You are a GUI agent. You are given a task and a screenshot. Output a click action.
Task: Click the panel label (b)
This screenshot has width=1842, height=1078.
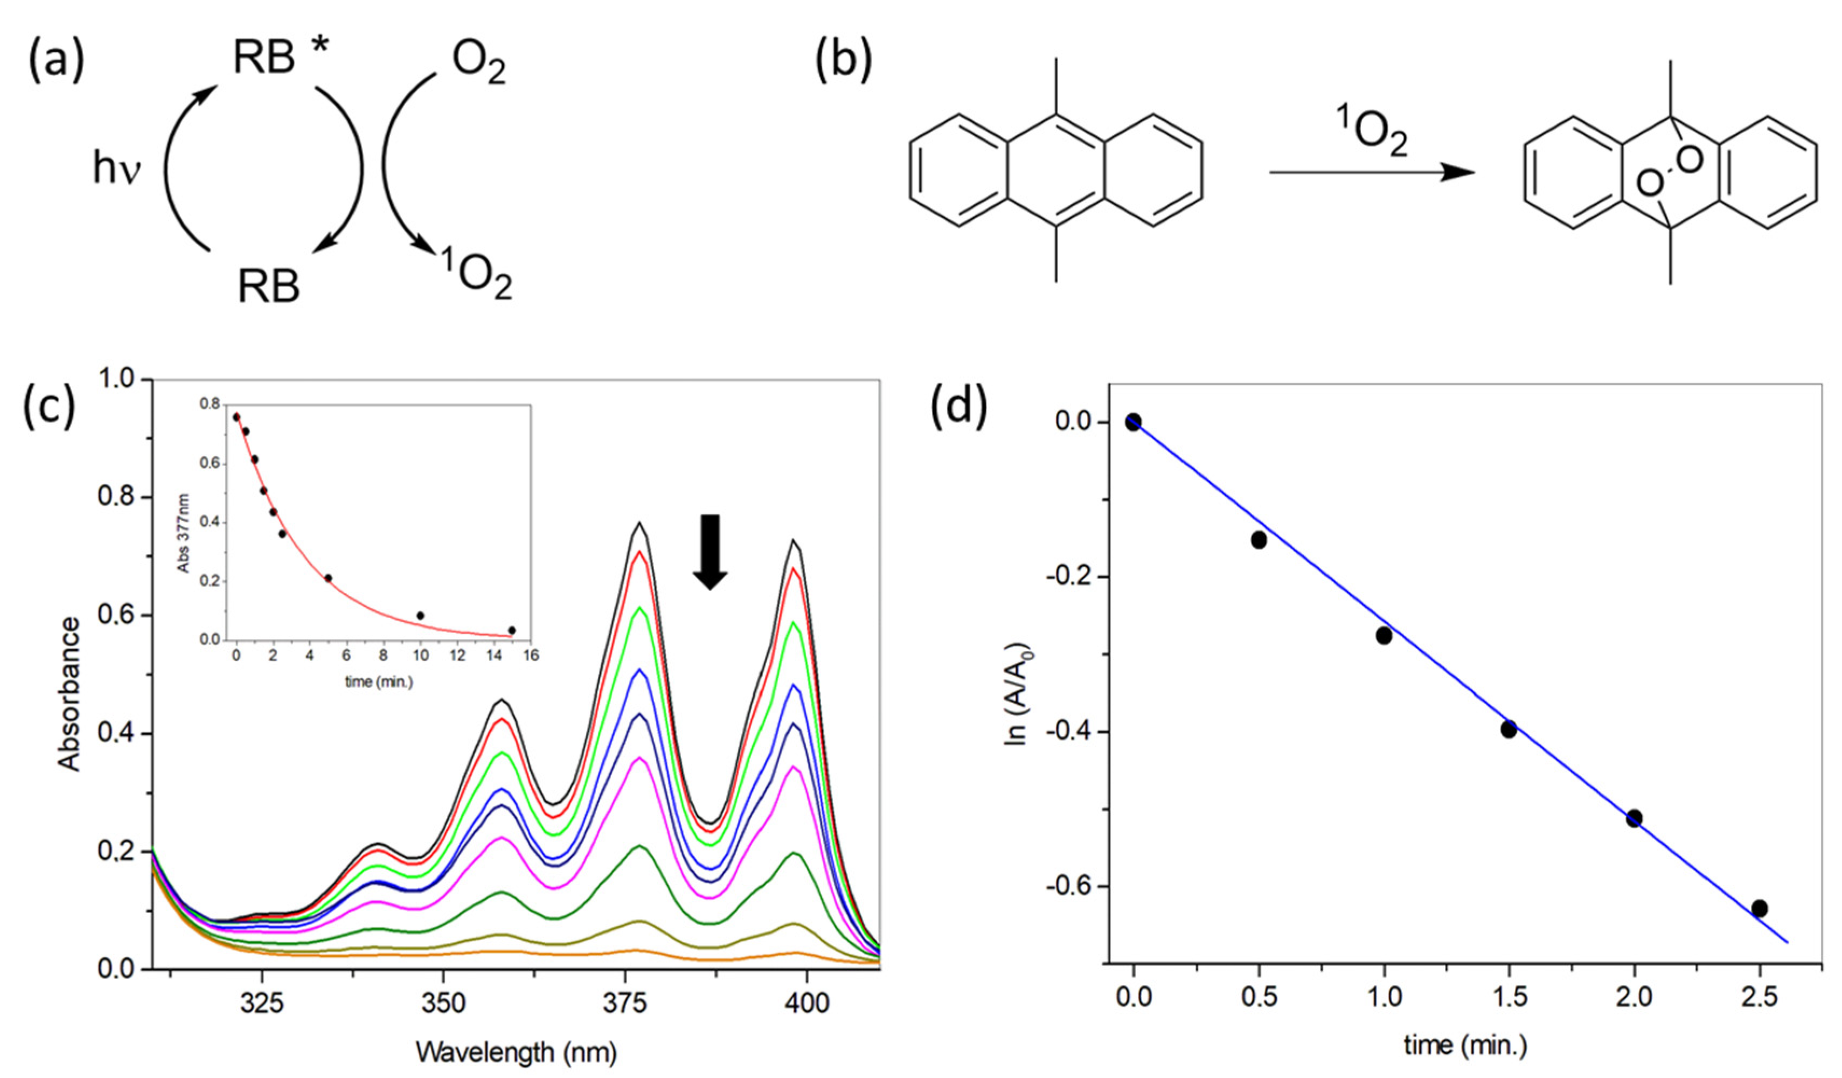[x=843, y=59]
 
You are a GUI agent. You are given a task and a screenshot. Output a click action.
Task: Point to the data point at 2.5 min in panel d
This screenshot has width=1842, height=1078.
[x=1760, y=908]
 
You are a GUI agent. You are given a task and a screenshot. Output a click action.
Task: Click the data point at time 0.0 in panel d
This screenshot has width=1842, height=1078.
[x=1134, y=422]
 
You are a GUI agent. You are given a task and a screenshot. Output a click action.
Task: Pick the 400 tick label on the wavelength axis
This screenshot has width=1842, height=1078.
[x=807, y=1003]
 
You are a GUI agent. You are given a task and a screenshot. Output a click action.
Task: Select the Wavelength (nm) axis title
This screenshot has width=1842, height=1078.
[x=516, y=1053]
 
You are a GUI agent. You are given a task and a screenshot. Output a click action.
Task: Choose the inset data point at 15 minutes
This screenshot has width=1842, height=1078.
[x=512, y=630]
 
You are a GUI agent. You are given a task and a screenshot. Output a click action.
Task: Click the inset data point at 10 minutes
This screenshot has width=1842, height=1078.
[x=420, y=615]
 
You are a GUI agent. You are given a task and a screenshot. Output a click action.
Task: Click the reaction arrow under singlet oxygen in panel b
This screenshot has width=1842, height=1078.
[x=1372, y=172]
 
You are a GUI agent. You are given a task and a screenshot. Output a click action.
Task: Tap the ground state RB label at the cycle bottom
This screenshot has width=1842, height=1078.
[x=268, y=287]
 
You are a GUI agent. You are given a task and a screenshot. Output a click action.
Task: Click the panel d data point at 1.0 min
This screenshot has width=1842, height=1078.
[x=1384, y=635]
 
